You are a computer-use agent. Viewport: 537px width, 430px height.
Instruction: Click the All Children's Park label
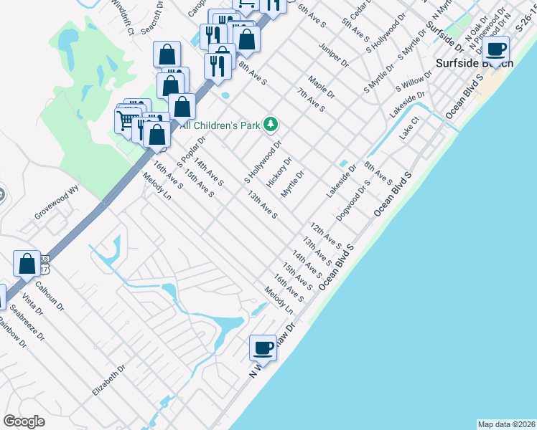pos(220,125)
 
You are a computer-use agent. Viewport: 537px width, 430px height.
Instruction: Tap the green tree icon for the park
pos(271,125)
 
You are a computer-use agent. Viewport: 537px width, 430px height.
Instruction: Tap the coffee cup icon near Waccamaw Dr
pos(263,348)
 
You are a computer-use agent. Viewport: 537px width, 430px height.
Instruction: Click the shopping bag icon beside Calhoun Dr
pos(27,264)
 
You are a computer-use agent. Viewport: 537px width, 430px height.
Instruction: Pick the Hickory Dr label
pos(279,173)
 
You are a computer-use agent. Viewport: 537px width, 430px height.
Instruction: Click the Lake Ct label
pos(409,130)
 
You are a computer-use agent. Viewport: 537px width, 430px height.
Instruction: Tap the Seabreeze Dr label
pos(29,322)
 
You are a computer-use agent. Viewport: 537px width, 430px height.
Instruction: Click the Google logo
pos(24,421)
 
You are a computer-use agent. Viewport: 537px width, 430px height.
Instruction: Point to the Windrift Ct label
pos(122,17)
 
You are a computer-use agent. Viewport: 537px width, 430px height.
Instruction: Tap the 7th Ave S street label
pos(312,101)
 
